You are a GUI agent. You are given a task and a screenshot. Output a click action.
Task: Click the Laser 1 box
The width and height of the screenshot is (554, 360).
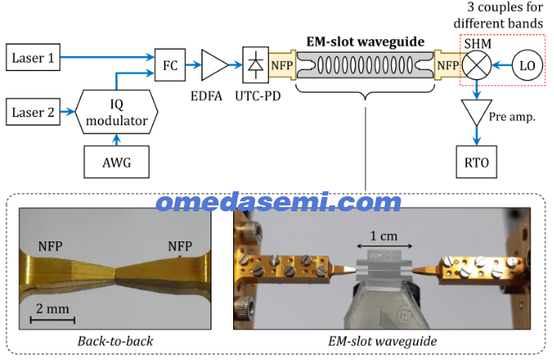pyautogui.click(x=33, y=58)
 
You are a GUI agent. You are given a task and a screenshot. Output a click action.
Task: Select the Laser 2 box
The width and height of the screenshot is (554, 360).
pyautogui.click(x=33, y=112)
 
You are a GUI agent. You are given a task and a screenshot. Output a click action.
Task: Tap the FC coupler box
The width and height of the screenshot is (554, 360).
pyautogui.click(x=170, y=65)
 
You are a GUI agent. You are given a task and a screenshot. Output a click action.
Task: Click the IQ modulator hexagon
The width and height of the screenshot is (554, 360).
pyautogui.click(x=117, y=112)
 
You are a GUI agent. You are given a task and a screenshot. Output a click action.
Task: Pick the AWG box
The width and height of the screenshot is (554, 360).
pyautogui.click(x=117, y=162)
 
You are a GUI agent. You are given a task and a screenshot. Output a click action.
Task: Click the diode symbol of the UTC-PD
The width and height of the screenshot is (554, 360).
pyautogui.click(x=256, y=65)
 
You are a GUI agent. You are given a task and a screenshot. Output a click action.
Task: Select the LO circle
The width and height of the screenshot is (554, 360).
pyautogui.click(x=527, y=65)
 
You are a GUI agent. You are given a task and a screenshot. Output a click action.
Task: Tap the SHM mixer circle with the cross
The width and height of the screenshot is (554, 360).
pyautogui.click(x=477, y=65)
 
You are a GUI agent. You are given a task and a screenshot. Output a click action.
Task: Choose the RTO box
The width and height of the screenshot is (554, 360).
pyautogui.click(x=476, y=162)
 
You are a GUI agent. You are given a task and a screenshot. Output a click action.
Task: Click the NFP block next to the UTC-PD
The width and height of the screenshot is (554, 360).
pyautogui.click(x=282, y=65)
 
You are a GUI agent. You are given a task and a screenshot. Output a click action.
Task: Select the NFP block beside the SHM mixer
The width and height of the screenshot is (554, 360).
pyautogui.click(x=448, y=65)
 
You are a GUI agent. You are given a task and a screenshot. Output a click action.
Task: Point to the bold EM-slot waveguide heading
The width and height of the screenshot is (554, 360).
pyautogui.click(x=365, y=42)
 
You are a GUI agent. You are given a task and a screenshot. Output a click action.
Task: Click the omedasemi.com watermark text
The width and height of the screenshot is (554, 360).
pyautogui.click(x=278, y=202)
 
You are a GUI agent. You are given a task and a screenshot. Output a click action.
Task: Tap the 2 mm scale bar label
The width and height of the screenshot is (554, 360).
pyautogui.click(x=53, y=309)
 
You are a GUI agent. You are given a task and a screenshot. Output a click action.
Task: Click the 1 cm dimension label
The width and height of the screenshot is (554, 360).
pyautogui.click(x=384, y=236)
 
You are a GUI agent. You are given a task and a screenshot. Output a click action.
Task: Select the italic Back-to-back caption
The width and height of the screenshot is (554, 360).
pyautogui.click(x=115, y=342)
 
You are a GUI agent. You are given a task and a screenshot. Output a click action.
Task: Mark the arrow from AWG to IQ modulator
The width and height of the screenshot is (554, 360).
pyautogui.click(x=117, y=139)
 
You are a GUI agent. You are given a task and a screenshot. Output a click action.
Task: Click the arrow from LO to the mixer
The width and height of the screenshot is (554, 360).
pyautogui.click(x=501, y=65)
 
